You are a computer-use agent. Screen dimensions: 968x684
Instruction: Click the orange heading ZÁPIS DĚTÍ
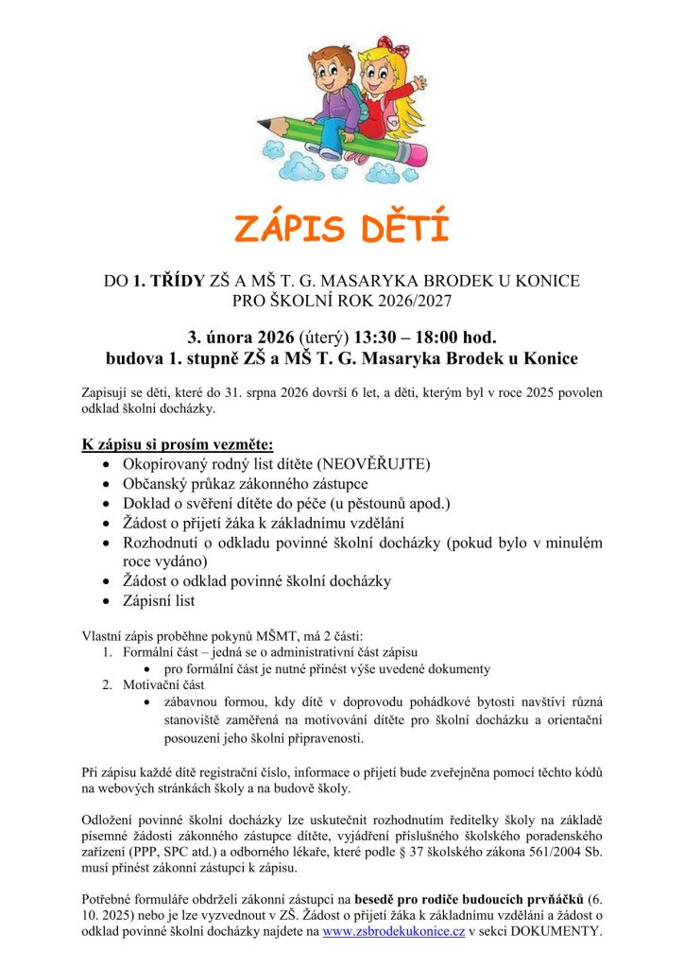[x=341, y=229]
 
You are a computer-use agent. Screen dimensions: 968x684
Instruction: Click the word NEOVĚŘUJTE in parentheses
[x=374, y=464]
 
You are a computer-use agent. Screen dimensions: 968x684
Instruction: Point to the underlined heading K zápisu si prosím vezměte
[x=178, y=443]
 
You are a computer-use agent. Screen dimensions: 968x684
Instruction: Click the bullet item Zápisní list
[x=159, y=600]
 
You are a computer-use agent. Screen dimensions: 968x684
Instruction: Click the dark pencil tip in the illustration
[x=264, y=125]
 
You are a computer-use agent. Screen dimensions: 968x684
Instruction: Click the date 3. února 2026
[x=240, y=337]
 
